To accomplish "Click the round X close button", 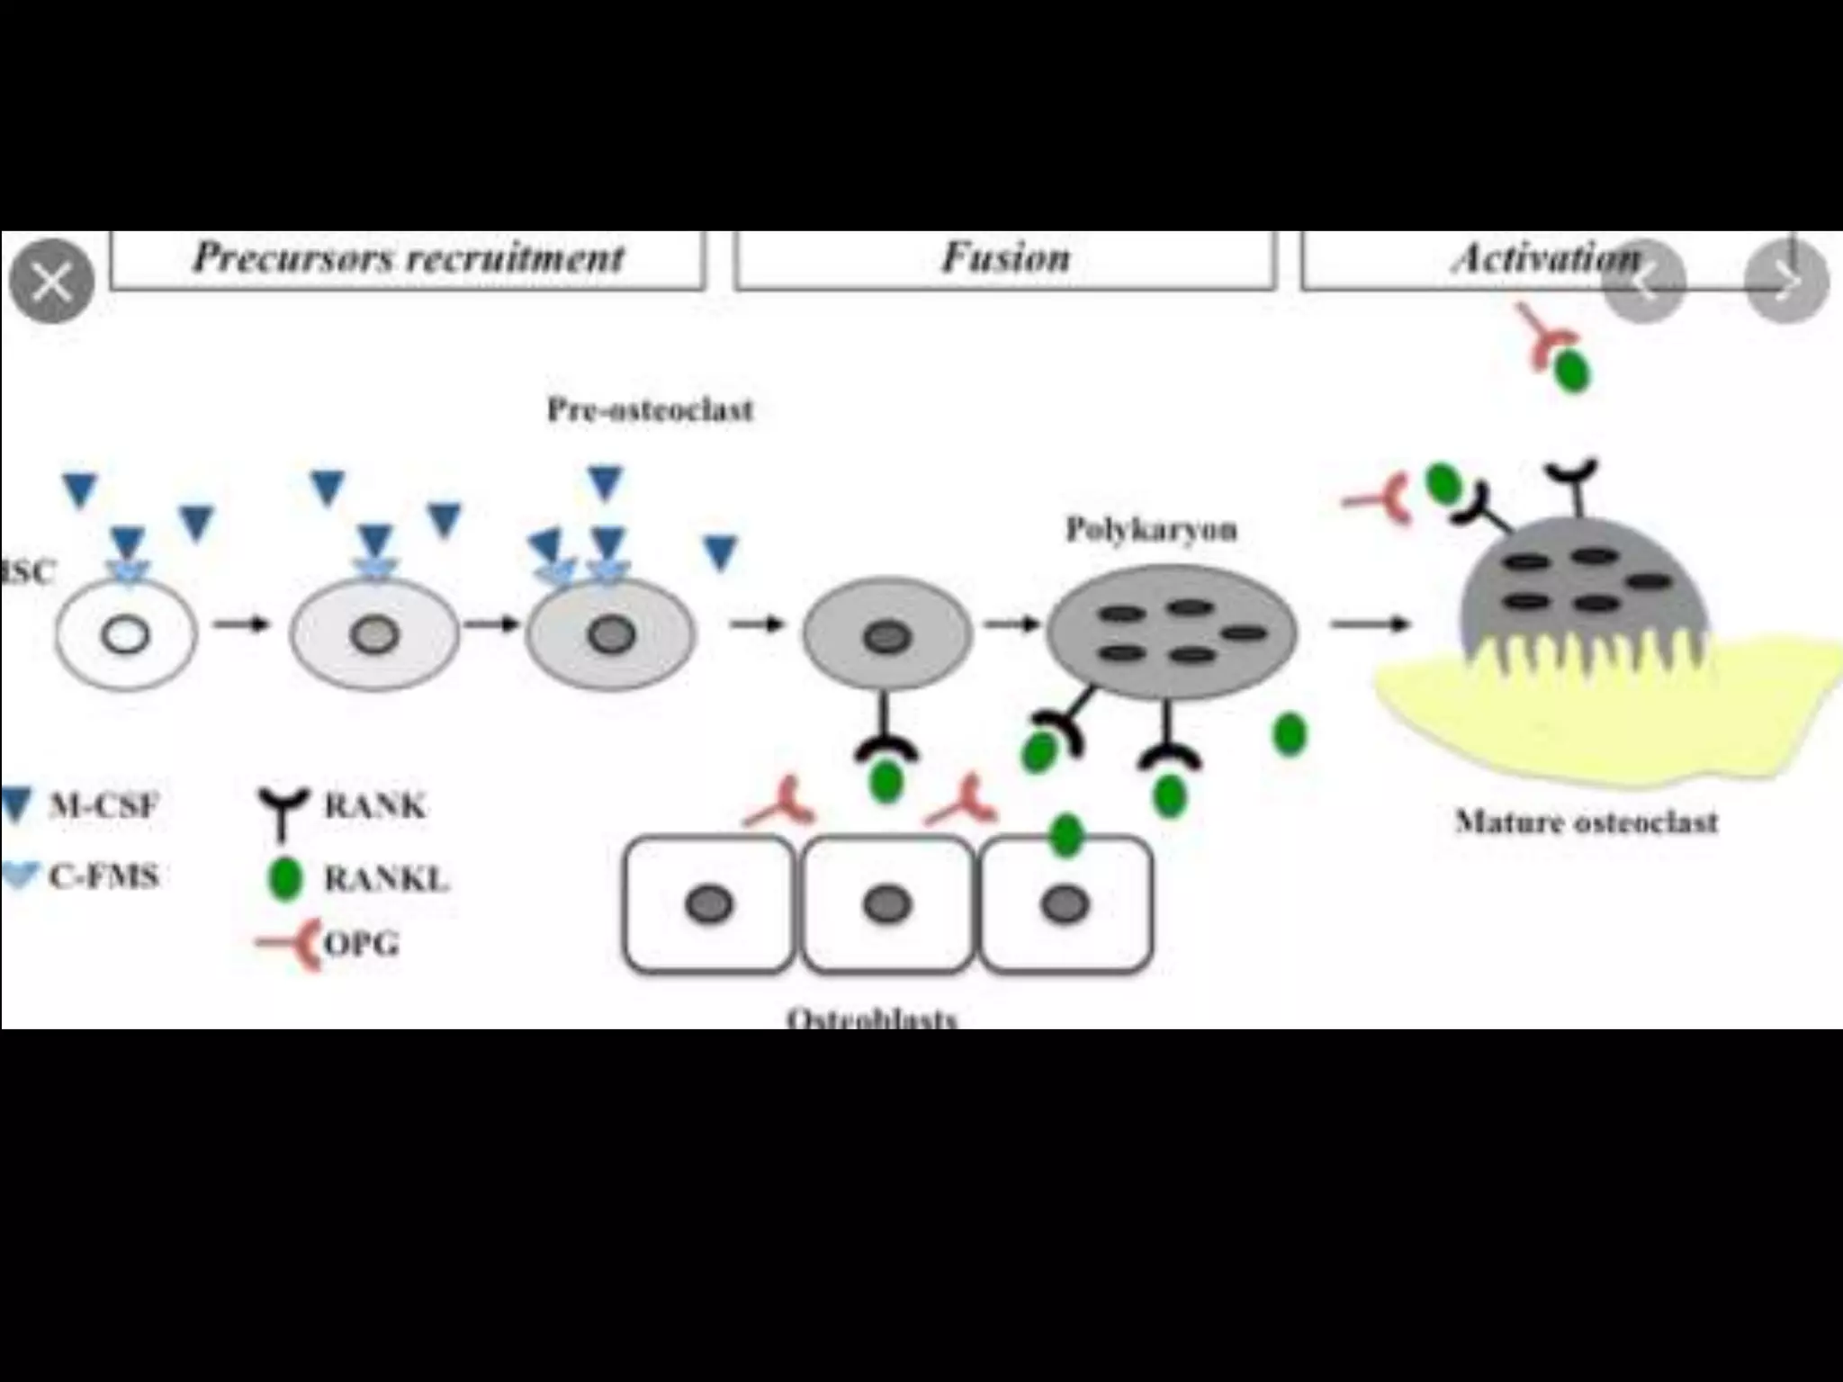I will click(x=51, y=282).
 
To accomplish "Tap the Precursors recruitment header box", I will click(x=408, y=259).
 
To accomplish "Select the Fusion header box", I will click(x=1005, y=259).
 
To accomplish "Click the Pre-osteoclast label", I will click(x=650, y=410).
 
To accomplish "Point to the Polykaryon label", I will click(x=1151, y=529).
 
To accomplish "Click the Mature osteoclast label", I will click(x=1587, y=821).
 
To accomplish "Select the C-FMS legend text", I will click(x=103, y=875).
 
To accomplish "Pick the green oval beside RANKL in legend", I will click(x=286, y=878).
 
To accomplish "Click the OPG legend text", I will click(x=361, y=944).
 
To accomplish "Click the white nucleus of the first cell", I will click(x=125, y=636).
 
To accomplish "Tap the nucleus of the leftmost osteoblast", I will click(x=709, y=904).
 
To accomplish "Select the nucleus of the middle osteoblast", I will click(x=887, y=904).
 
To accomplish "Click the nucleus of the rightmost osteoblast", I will click(x=1065, y=904).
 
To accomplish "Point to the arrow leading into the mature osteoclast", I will click(x=1368, y=624).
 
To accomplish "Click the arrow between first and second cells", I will click(x=241, y=624).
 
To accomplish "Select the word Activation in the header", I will click(x=1546, y=259).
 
